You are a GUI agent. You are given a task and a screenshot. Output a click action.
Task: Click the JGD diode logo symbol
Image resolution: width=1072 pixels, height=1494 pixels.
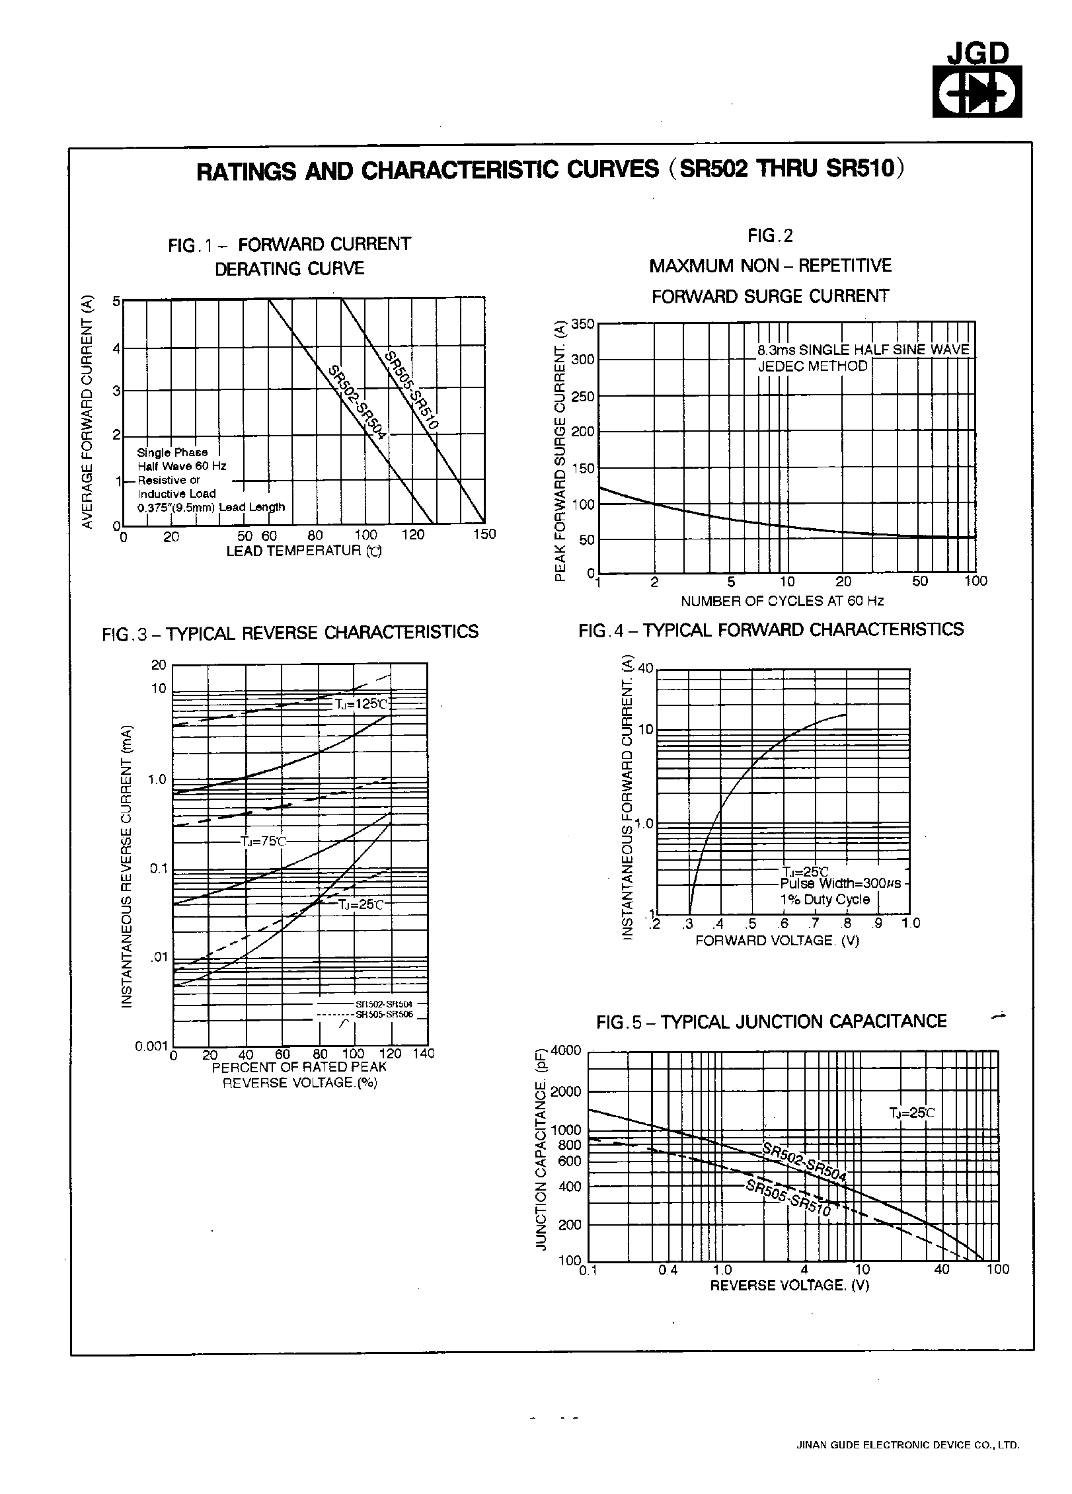[977, 91]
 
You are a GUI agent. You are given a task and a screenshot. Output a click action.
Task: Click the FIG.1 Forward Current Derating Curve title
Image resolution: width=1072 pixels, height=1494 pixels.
[289, 256]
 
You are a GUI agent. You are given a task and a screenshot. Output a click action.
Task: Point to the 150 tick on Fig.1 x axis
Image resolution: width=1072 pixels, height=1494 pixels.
[484, 535]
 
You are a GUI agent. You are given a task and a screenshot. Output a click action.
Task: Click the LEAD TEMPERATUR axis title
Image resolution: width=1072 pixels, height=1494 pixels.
[304, 551]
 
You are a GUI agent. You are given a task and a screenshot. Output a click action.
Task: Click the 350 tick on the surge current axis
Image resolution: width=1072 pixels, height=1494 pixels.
[583, 324]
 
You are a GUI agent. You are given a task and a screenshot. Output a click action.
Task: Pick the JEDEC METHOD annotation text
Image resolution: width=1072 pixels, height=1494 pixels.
[812, 366]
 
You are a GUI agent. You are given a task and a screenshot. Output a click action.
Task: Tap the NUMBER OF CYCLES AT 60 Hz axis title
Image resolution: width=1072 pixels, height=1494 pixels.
[782, 601]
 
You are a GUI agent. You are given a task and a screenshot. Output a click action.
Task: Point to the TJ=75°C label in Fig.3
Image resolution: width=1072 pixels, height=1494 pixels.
[263, 842]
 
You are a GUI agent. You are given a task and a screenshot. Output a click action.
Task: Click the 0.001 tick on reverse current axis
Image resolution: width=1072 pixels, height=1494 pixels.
[151, 1046]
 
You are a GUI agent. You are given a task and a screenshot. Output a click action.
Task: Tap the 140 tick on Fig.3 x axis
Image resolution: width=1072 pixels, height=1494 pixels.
[424, 1054]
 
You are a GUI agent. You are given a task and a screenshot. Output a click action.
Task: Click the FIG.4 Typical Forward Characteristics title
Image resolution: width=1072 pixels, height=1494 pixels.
[771, 630]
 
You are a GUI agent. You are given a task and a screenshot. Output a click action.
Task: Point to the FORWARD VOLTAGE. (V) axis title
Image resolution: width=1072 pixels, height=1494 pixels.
[777, 941]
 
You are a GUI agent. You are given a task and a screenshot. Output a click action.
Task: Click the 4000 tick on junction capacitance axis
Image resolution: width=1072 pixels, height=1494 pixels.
[566, 1050]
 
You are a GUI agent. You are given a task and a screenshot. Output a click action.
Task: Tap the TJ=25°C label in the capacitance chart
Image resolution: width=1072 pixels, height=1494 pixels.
[912, 1113]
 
